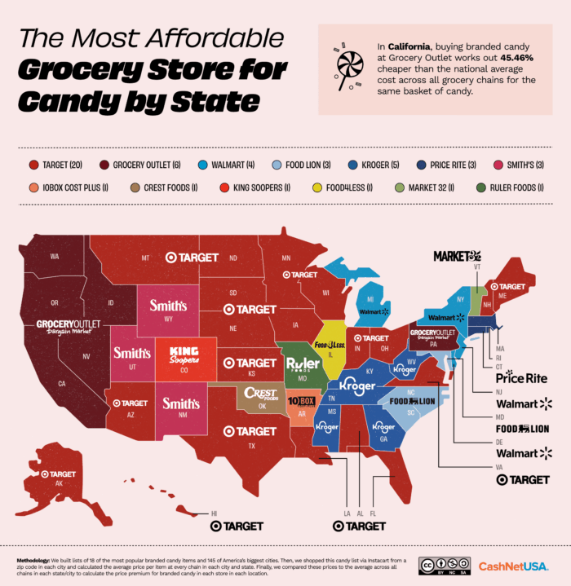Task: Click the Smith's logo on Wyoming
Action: click(167, 306)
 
